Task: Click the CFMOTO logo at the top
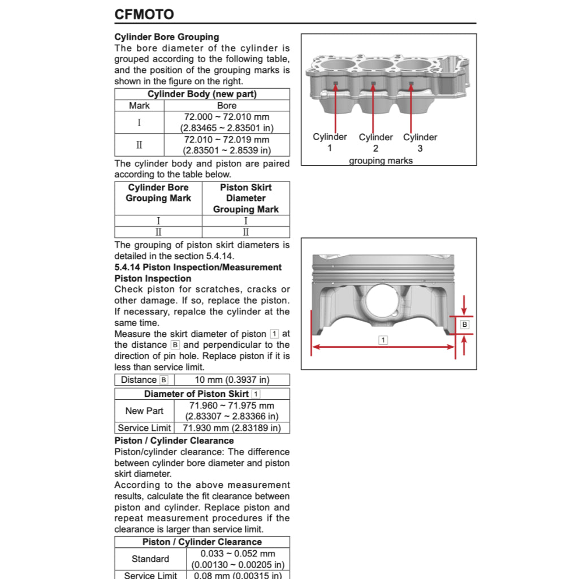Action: click(144, 14)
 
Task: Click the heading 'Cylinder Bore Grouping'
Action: click(167, 37)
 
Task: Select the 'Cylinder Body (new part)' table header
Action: click(202, 94)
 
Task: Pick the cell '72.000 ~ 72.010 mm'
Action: click(227, 117)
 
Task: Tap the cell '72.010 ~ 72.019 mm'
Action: click(227, 140)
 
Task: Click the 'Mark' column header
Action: click(139, 106)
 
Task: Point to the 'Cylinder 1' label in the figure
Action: click(330, 142)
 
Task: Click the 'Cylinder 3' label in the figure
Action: click(420, 142)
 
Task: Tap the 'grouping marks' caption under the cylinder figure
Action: click(381, 161)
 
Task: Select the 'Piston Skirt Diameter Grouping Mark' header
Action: click(245, 198)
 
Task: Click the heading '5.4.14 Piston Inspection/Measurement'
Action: click(198, 267)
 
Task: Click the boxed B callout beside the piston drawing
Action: click(465, 325)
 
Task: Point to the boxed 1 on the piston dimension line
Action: click(383, 340)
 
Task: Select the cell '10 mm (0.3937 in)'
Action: click(232, 380)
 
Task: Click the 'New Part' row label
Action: click(144, 411)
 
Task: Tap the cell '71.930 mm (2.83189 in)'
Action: click(232, 428)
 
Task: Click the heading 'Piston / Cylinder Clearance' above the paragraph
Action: click(174, 440)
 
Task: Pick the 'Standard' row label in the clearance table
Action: click(150, 559)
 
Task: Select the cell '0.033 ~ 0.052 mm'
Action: click(238, 554)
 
